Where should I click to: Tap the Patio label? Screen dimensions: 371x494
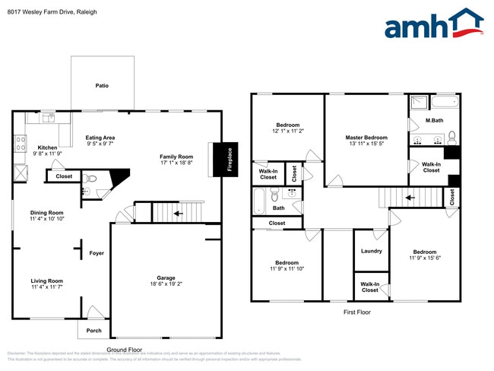click(102, 86)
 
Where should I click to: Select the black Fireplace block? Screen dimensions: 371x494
click(224, 159)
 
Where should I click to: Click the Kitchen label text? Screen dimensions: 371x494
click(47, 147)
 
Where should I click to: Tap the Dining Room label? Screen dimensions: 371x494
click(46, 213)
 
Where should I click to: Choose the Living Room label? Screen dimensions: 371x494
click(46, 281)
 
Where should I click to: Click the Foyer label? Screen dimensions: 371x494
click(97, 253)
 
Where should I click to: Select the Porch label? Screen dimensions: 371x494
click(93, 331)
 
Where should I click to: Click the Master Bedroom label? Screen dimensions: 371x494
click(366, 138)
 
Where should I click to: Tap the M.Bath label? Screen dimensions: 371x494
click(434, 121)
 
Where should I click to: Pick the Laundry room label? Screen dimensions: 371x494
click(371, 252)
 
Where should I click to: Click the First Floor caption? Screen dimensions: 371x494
click(356, 312)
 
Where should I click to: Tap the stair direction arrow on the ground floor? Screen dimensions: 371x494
click(179, 214)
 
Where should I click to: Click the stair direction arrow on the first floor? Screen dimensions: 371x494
click(410, 199)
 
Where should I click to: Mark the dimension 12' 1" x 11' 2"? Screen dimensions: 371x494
click(287, 131)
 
